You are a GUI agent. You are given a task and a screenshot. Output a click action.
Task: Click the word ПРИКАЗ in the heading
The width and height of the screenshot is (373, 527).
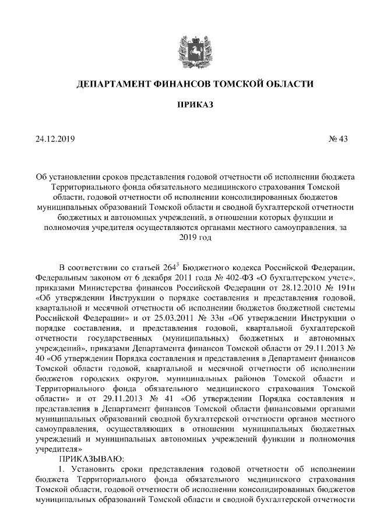[186, 105]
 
